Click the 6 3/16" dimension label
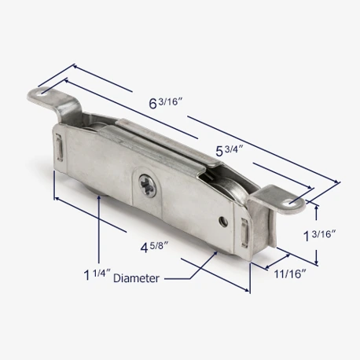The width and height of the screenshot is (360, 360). click(x=166, y=102)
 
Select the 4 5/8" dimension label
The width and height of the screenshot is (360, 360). click(x=154, y=247)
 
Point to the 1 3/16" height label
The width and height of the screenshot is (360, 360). click(x=319, y=235)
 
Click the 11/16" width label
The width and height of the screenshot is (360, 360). click(x=290, y=274)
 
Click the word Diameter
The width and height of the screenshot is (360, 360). click(x=136, y=278)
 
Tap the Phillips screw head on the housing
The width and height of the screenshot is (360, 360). click(x=147, y=186)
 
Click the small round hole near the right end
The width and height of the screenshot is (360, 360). click(x=223, y=222)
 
